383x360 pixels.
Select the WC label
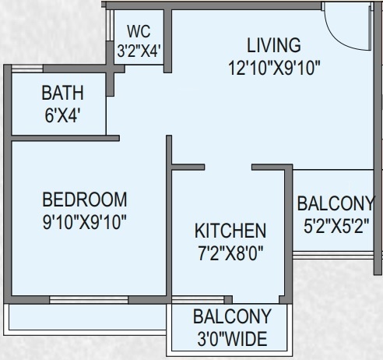coord(138,32)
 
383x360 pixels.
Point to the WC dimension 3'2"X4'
coord(139,51)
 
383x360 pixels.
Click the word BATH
coord(62,95)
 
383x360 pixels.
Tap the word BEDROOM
coord(85,199)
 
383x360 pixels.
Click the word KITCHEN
coord(230,231)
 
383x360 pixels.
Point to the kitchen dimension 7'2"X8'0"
coord(230,252)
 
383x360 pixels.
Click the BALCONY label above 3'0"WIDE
coord(232,317)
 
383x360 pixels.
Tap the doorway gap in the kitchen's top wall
coord(228,166)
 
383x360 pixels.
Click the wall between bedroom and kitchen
coord(169,234)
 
